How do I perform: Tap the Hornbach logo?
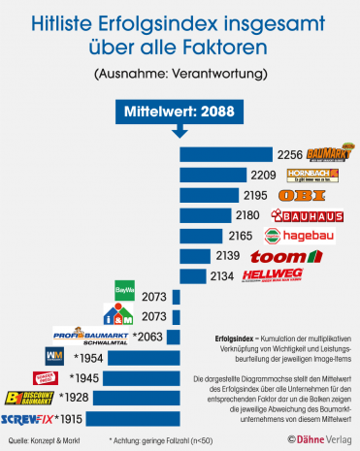(x=313, y=175)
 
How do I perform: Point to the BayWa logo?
(x=125, y=289)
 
